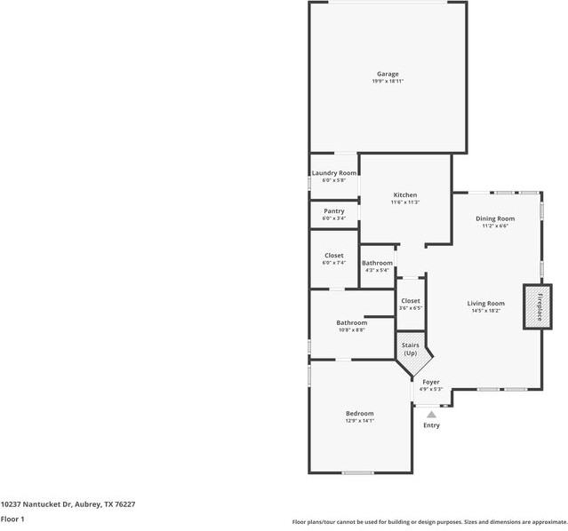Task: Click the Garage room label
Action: pyautogui.click(x=387, y=74)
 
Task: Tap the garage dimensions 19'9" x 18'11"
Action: pyautogui.click(x=387, y=82)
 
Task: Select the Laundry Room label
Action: pyautogui.click(x=334, y=173)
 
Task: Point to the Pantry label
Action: pyautogui.click(x=334, y=211)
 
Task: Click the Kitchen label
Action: pyautogui.click(x=405, y=195)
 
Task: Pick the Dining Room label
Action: pyautogui.click(x=495, y=218)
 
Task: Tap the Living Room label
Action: pyautogui.click(x=485, y=304)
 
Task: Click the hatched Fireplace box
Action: pyautogui.click(x=537, y=306)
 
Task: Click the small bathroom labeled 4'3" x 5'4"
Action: pyautogui.click(x=377, y=264)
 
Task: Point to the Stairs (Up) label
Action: pyautogui.click(x=410, y=349)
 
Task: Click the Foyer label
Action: pyautogui.click(x=431, y=382)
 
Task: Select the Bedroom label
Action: pyautogui.click(x=360, y=414)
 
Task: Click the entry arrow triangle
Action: pyautogui.click(x=431, y=414)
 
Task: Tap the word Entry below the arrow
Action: pyautogui.click(x=431, y=425)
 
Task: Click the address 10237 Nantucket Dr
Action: pyautogui.click(x=68, y=503)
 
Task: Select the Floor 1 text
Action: pyautogui.click(x=12, y=519)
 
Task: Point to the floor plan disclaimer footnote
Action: pyautogui.click(x=429, y=522)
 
